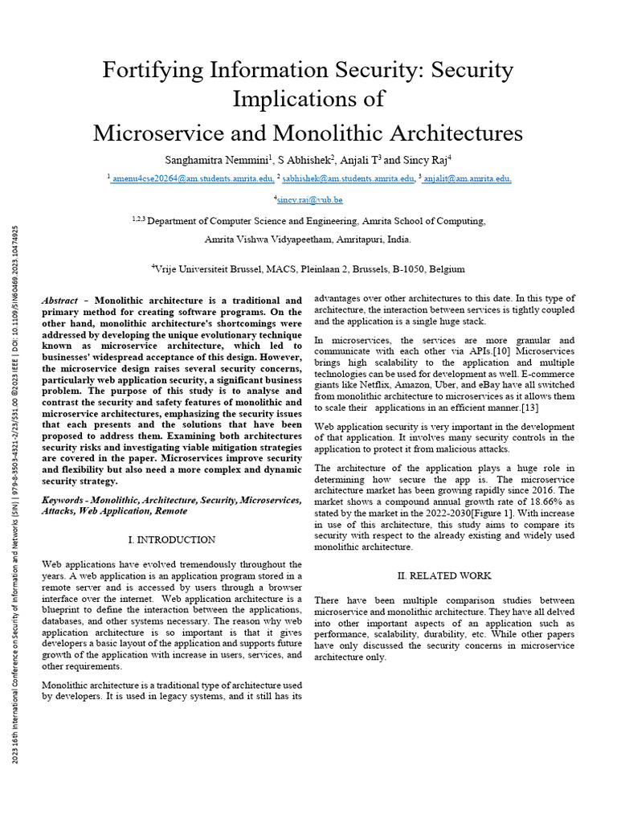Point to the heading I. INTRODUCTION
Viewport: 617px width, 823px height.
click(x=172, y=539)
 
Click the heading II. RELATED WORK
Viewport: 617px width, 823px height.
click(x=444, y=575)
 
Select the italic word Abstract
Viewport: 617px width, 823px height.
click(x=59, y=300)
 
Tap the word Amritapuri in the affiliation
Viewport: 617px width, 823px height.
click(x=353, y=240)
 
